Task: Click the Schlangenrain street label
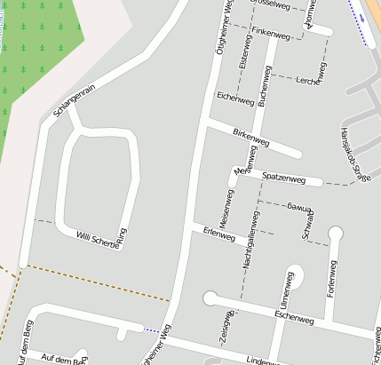(74, 99)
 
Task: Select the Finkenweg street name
(272, 32)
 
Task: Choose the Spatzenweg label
(283, 179)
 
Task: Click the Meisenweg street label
(225, 210)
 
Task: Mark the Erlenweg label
(218, 237)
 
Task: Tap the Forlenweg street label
(331, 279)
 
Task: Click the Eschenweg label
(295, 315)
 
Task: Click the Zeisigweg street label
(226, 329)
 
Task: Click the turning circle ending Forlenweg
(335, 234)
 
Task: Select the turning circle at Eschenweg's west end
(210, 298)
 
